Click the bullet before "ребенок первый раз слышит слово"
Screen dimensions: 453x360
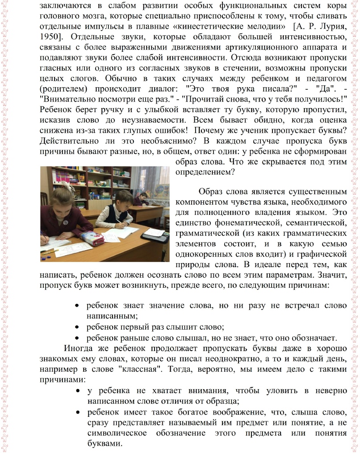point(77,327)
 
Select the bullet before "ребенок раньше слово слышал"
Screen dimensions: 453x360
point(77,337)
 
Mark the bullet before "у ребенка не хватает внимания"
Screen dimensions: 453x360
point(77,391)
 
